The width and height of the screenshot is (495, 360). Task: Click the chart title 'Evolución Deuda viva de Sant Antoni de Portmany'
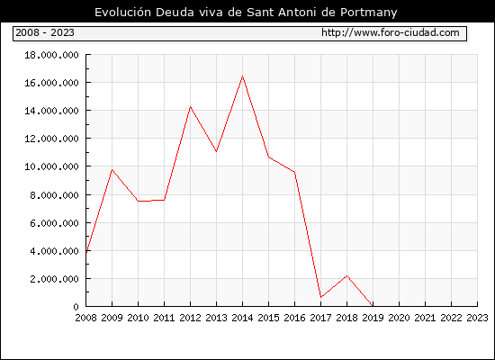(246, 13)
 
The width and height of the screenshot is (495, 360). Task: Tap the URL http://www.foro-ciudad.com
(391, 32)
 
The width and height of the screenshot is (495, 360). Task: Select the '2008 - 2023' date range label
(45, 32)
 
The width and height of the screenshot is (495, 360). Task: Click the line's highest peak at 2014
(242, 76)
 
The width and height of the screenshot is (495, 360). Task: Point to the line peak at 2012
(190, 107)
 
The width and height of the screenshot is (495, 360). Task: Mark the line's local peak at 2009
(112, 170)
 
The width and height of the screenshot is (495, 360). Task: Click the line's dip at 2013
(216, 151)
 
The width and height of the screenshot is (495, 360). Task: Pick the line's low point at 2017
(320, 297)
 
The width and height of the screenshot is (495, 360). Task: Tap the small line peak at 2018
(346, 276)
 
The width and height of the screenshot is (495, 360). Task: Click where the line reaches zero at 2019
(373, 306)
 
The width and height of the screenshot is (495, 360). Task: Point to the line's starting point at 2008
(86, 252)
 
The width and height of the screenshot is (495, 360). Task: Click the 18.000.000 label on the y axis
(52, 55)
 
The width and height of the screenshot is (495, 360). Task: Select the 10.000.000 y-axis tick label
(52, 166)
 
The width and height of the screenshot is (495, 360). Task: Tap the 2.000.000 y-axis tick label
(55, 279)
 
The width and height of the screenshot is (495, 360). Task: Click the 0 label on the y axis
(76, 307)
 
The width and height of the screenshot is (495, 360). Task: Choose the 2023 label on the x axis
(477, 318)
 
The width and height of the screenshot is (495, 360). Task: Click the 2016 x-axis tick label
(294, 318)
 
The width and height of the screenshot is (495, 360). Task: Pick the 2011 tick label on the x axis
(164, 318)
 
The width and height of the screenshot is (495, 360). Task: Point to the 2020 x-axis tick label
(399, 318)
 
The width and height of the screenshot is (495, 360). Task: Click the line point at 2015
(269, 157)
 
